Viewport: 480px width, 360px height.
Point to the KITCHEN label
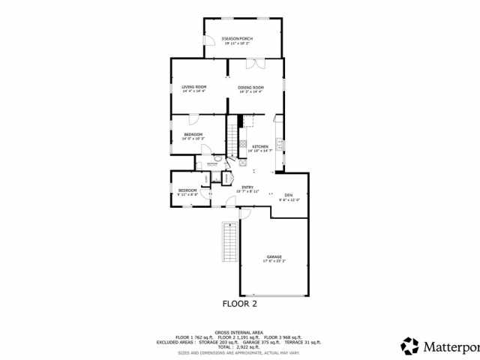pyautogui.click(x=260, y=147)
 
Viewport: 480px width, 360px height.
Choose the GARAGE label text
pyautogui.click(x=274, y=258)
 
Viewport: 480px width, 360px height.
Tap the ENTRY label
pyautogui.click(x=247, y=188)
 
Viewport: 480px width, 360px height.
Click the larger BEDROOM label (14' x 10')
pyautogui.click(x=193, y=136)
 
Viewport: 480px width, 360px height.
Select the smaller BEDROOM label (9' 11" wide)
pyautogui.click(x=187, y=190)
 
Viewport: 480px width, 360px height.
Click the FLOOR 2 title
pyautogui.click(x=240, y=304)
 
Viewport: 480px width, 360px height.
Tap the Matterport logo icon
pyautogui.click(x=409, y=346)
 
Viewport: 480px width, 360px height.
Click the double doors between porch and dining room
pyautogui.click(x=255, y=63)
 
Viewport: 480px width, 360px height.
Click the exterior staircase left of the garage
pyautogui.click(x=229, y=241)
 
